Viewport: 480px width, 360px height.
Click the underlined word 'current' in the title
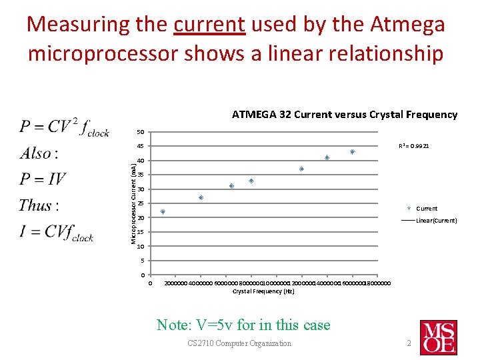209,25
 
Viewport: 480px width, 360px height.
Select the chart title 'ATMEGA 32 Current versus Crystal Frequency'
344,115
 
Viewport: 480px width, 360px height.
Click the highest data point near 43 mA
353,152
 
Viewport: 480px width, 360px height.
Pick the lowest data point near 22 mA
163,212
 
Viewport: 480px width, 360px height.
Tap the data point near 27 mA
201,198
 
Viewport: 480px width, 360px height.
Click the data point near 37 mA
301,169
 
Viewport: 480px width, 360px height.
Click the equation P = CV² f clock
65,127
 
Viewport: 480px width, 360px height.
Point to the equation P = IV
43,179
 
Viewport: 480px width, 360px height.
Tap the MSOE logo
438,337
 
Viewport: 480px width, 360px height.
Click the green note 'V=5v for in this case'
243,325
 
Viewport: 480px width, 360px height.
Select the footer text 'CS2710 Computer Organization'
239,343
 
